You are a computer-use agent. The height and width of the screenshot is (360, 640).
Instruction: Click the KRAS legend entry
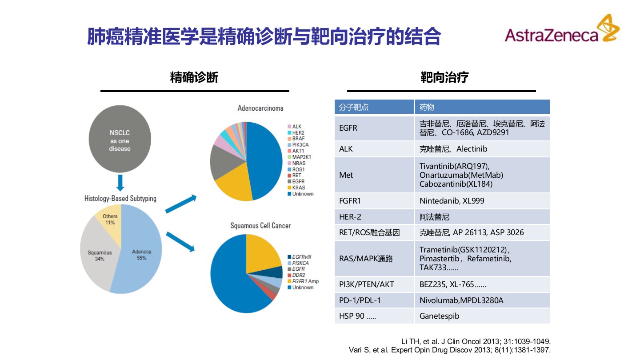coord(298,188)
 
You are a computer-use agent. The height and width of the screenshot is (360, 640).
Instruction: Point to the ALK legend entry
coord(296,127)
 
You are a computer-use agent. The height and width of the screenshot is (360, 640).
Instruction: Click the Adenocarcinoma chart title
coord(260,108)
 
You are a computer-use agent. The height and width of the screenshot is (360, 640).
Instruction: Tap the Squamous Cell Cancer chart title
coord(260,226)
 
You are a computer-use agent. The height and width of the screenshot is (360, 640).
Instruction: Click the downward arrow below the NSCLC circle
coord(120,182)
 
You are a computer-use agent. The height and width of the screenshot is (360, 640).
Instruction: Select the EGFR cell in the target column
coord(348,128)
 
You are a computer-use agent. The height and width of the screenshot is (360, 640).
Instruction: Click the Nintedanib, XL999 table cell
coord(452,201)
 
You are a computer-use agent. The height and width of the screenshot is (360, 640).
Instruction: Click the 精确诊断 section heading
coord(194,78)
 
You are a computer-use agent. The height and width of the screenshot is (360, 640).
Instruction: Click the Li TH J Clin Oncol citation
coord(476,341)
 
